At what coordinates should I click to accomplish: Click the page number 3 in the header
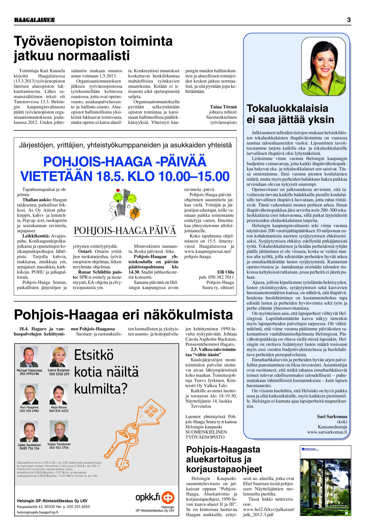349,20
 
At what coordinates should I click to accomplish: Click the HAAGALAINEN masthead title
34,20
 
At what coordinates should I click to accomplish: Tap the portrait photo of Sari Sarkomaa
323,65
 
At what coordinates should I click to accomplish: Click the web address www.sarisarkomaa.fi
327,432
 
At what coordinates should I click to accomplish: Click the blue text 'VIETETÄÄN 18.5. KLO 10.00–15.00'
125,176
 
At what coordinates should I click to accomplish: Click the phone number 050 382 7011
216,277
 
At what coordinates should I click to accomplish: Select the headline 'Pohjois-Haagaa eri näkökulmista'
123,315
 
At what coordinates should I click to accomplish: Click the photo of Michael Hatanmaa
29,357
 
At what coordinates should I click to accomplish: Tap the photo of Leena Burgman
59,357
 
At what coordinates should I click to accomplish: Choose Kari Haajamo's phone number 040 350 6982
29,411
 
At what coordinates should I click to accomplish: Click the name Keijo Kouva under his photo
59,407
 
